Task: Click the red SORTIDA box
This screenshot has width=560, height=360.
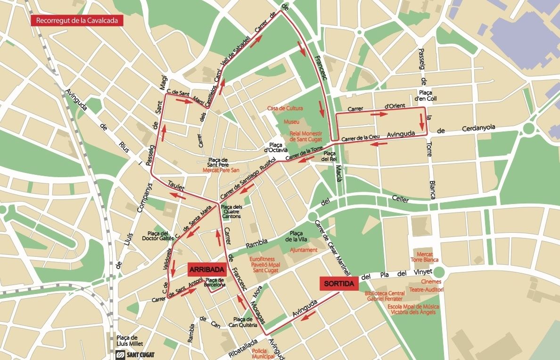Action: pos(339,283)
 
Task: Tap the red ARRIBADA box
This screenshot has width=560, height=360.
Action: pos(206,269)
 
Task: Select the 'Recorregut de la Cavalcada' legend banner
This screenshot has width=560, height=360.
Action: pos(77,21)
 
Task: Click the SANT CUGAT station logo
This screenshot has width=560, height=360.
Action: pos(135,354)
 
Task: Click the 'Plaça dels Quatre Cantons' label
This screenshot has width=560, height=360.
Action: pos(231,211)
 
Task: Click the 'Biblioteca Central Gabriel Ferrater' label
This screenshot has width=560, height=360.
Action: pos(384,296)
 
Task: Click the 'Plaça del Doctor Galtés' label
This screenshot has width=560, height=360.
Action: pos(158,236)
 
